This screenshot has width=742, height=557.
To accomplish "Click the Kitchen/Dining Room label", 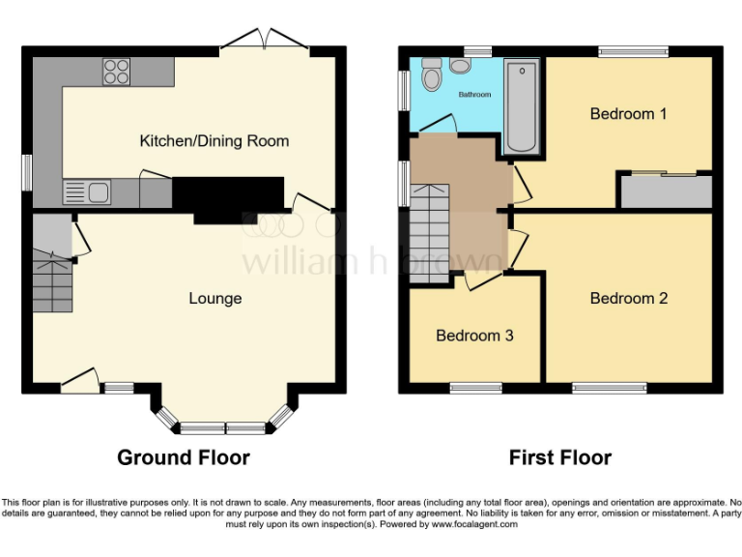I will pyautogui.click(x=214, y=141).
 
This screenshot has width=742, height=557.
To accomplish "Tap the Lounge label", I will pyautogui.click(x=214, y=298).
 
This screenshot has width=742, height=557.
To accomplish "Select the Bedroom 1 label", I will pyautogui.click(x=629, y=114).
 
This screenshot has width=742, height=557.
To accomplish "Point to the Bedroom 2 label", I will pyautogui.click(x=629, y=298).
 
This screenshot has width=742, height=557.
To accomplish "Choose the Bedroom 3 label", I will pyautogui.click(x=474, y=337).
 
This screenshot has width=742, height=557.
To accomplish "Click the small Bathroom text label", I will pyautogui.click(x=474, y=95).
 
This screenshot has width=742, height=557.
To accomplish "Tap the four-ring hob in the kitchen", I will pyautogui.click(x=117, y=71).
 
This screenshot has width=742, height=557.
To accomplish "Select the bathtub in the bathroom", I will pyautogui.click(x=522, y=106).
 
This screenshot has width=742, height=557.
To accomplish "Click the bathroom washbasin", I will pyautogui.click(x=459, y=65).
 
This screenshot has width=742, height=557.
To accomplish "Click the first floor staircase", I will pyautogui.click(x=430, y=232).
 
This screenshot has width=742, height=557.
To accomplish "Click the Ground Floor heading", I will pyautogui.click(x=184, y=457).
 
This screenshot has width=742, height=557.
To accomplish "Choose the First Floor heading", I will pyautogui.click(x=561, y=457).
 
